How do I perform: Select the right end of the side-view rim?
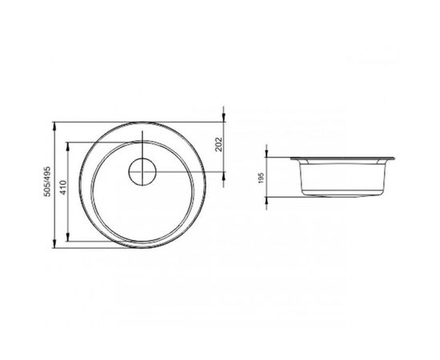click(394, 157)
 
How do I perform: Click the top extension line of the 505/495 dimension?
click(136, 123)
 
